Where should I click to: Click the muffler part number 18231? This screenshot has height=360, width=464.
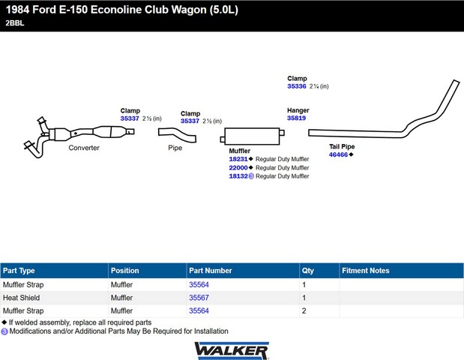click(x=238, y=159)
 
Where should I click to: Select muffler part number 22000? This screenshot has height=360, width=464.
click(x=238, y=167)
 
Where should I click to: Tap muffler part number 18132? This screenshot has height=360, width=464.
click(x=238, y=176)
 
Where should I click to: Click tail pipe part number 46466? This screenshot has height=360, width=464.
click(x=338, y=154)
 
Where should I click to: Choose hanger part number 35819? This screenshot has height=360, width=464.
click(x=296, y=118)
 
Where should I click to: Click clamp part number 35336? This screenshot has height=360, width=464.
click(x=297, y=86)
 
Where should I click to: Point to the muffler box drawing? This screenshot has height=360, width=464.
click(x=252, y=136)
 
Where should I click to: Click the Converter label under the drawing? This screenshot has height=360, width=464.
click(x=84, y=148)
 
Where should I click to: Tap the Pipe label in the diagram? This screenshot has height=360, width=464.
click(x=175, y=148)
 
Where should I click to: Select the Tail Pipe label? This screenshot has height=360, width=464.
click(x=342, y=146)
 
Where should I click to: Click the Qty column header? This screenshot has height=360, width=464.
click(x=308, y=271)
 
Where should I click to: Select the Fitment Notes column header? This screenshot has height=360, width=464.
click(x=366, y=271)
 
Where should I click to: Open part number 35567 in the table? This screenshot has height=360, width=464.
click(x=199, y=298)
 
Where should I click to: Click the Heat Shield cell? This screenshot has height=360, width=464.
click(x=21, y=298)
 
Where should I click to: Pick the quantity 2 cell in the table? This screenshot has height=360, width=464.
click(x=304, y=310)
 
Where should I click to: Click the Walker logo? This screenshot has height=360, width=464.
click(x=232, y=351)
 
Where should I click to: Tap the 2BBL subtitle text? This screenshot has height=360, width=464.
click(x=15, y=23)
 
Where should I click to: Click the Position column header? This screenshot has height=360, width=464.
click(x=124, y=271)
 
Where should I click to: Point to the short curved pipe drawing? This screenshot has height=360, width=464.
click(x=178, y=135)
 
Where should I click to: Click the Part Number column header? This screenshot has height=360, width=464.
click(x=211, y=271)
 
